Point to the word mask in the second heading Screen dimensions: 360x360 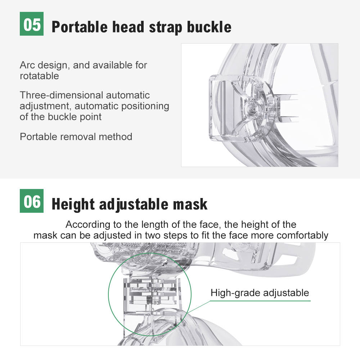coord(190,204)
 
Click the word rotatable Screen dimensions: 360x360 coord(39,76)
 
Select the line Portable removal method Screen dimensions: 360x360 coord(76,137)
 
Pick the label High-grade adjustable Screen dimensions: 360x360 coord(260,293)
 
